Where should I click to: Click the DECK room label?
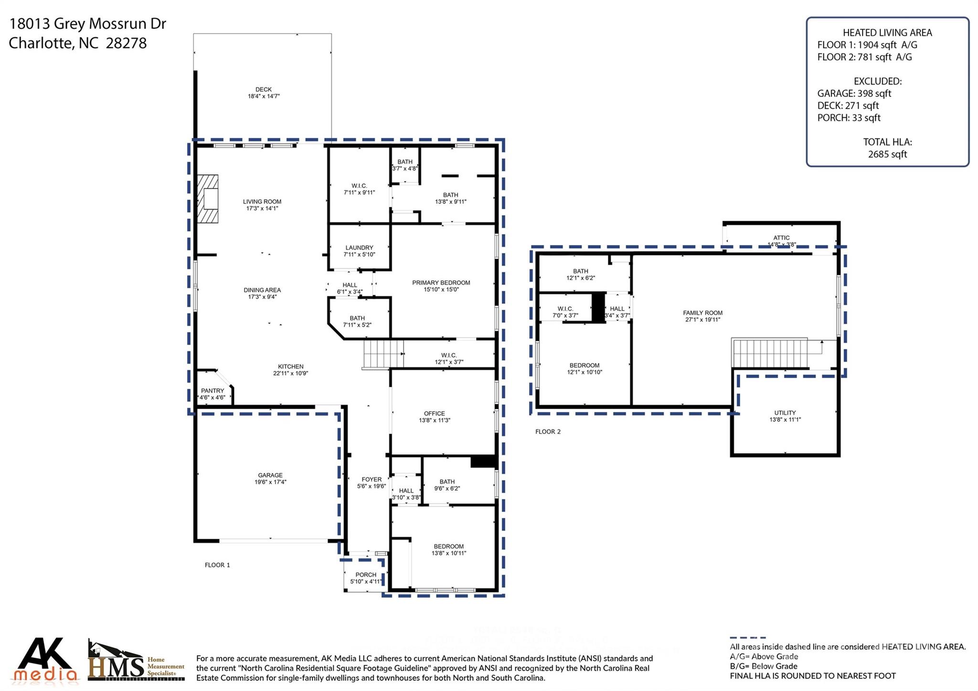coord(263,89)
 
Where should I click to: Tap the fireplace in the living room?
coord(208,199)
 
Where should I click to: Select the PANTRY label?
coord(213,391)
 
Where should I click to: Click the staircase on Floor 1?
coord(383,353)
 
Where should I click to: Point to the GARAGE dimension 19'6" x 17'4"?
coord(270,482)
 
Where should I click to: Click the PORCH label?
coord(366,574)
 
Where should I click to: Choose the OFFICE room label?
coord(434,414)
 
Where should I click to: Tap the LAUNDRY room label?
coord(359,247)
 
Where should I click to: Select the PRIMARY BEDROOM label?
coord(441,283)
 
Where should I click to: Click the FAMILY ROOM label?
coord(702,313)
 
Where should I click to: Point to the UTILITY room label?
coord(785,413)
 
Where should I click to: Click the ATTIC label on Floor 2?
coord(781,238)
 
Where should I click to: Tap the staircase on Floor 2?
coord(770,353)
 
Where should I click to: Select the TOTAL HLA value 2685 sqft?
coord(887,154)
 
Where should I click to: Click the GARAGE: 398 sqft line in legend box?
coord(854,94)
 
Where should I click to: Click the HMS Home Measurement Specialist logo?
coord(136,661)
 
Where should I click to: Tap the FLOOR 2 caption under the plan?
coord(548,432)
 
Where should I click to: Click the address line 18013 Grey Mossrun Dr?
coord(87,23)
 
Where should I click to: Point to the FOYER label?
coord(372,479)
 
